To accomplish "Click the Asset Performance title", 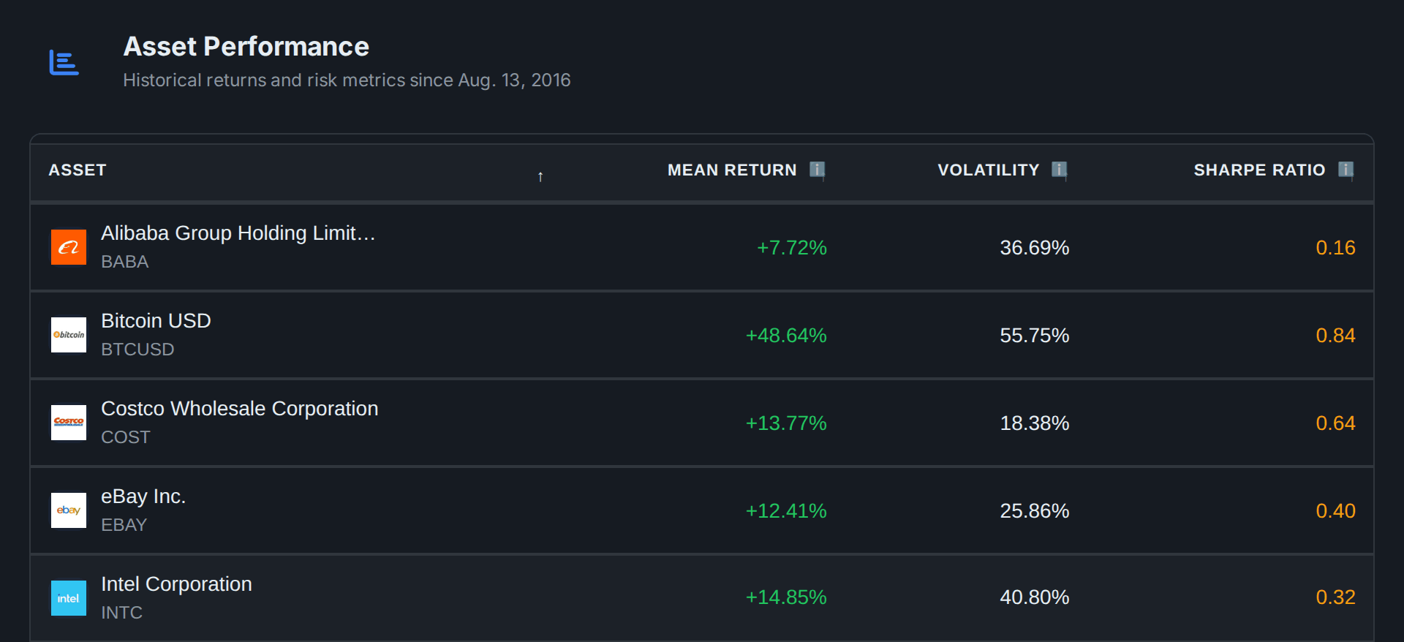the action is click(x=246, y=47).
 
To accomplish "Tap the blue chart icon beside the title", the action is click(x=64, y=63).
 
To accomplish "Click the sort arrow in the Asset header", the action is click(x=540, y=177).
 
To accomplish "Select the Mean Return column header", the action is click(x=732, y=170).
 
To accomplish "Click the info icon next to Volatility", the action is click(x=1059, y=170).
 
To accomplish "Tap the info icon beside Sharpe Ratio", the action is click(x=1345, y=170).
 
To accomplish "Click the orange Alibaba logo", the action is click(x=69, y=247).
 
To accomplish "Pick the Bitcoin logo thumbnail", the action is click(x=69, y=335).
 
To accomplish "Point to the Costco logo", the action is click(x=69, y=423).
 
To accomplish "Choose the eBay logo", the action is click(x=69, y=510).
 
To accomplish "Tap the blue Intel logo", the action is click(x=69, y=598).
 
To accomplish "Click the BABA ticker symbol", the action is click(x=125, y=262).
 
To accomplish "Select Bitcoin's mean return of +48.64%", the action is click(x=786, y=336).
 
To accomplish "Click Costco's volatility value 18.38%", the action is click(x=1035, y=423).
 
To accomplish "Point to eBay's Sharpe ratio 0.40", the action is click(x=1335, y=511).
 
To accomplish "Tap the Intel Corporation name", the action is click(x=176, y=584).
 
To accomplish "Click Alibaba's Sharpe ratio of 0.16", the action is click(x=1335, y=248).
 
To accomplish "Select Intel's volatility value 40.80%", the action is click(x=1035, y=597).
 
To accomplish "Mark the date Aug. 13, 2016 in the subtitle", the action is click(x=514, y=80).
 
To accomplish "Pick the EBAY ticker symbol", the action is click(x=124, y=525).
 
